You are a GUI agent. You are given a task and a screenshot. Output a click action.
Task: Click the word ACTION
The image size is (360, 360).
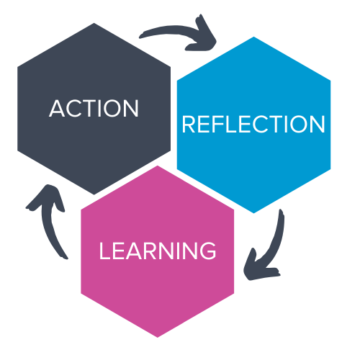(94, 108)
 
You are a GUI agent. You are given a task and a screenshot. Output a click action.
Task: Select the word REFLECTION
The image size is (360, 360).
(253, 124)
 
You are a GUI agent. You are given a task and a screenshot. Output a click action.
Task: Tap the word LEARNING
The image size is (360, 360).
(158, 251)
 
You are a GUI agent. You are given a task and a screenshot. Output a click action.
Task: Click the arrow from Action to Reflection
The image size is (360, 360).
(178, 30)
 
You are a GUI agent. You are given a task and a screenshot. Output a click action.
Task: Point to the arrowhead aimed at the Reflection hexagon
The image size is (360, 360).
(204, 36)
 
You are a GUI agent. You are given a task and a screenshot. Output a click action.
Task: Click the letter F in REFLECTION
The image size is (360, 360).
(217, 124)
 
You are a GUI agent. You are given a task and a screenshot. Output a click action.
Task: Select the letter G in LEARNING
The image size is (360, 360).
(207, 251)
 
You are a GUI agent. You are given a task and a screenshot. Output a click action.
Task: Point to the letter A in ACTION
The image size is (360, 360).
(57, 109)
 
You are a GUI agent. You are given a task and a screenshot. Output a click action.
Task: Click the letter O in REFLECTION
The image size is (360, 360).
(299, 124)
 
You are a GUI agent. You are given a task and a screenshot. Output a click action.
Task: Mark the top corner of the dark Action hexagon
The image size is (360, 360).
(94, 23)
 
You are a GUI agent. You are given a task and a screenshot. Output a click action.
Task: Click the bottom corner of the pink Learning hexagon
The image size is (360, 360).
(158, 338)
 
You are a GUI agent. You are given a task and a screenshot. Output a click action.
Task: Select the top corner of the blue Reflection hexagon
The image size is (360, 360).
(253, 37)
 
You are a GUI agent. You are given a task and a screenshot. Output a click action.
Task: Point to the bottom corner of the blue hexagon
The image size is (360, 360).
(253, 213)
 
